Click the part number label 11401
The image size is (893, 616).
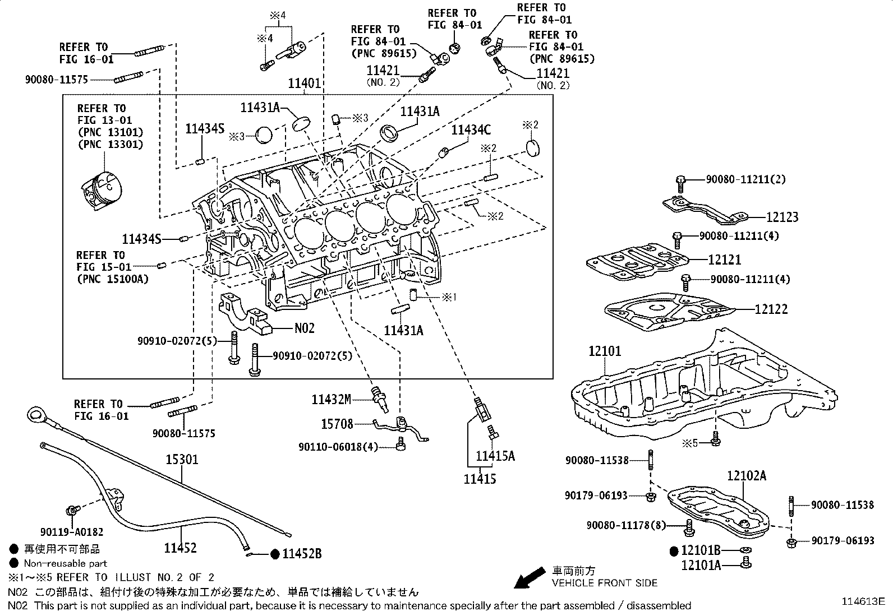point(305,84)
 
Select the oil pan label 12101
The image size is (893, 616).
point(605,351)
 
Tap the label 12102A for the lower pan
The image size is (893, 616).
point(747,476)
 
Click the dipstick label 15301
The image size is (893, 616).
point(181,460)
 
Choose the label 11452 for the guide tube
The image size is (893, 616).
point(180,547)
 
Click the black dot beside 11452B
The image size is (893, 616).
point(275,554)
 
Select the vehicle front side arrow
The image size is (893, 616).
point(530,578)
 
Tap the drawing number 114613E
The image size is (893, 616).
point(862,601)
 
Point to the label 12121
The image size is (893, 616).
point(724,260)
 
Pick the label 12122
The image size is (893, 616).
point(771,309)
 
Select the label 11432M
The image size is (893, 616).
point(331,400)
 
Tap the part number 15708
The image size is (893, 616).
point(337,424)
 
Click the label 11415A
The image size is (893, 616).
point(495,456)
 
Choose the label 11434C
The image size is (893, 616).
point(471,131)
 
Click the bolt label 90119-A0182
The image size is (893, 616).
point(72,531)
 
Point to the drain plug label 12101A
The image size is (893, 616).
point(701,566)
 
